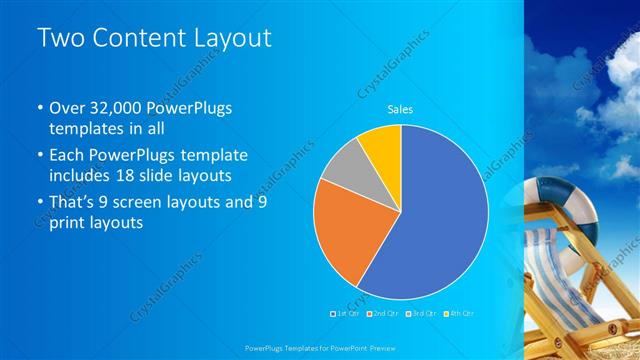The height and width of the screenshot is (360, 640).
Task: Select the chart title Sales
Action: [400, 109]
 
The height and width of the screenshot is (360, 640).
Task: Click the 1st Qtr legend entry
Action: [345, 314]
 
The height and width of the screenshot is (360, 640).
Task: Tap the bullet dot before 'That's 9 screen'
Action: [39, 202]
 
